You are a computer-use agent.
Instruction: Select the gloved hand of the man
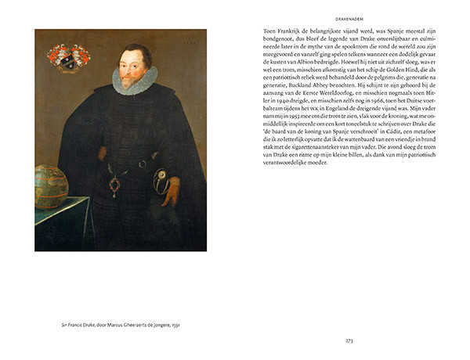168,189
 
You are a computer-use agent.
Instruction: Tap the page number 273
349,340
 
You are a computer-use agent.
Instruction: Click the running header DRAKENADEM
349,14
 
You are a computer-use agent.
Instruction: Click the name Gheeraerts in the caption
128,323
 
